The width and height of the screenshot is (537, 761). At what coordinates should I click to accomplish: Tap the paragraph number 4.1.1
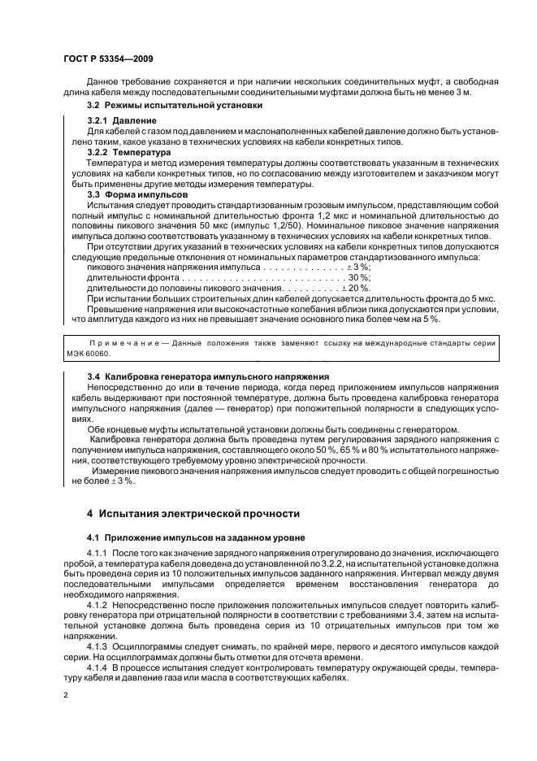pyautogui.click(x=99, y=554)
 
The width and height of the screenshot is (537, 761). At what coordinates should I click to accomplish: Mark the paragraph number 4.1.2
pyautogui.click(x=99, y=606)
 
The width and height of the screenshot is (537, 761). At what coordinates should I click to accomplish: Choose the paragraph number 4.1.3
pyautogui.click(x=99, y=646)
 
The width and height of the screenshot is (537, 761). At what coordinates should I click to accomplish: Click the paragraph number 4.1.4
pyautogui.click(x=99, y=667)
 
